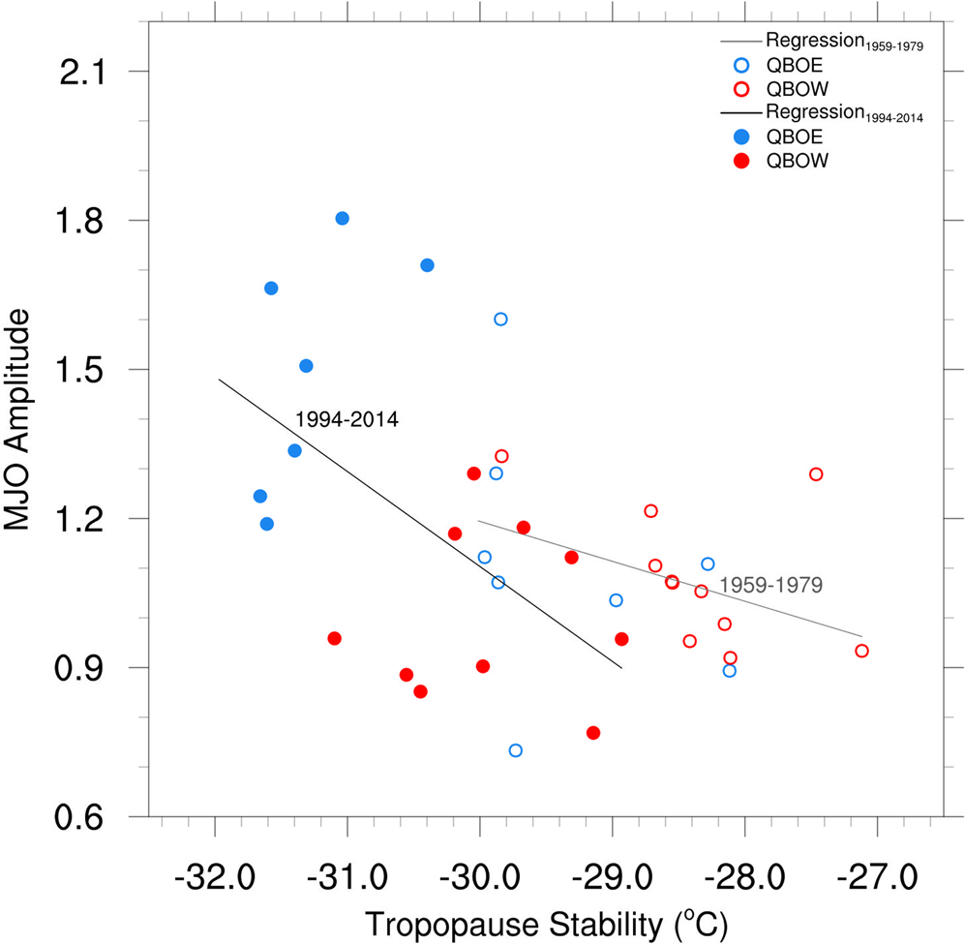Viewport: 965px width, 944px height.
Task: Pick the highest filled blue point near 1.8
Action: (342, 219)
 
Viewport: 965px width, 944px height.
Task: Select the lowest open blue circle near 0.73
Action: (516, 750)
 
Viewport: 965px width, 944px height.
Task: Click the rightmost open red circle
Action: (861, 651)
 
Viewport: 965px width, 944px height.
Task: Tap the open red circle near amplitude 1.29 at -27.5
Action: (816, 474)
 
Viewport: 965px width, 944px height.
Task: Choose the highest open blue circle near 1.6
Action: (500, 320)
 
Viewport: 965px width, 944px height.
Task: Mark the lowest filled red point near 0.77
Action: (593, 733)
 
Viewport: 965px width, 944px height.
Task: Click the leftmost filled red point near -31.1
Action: (334, 638)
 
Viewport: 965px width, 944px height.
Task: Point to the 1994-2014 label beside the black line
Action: (347, 420)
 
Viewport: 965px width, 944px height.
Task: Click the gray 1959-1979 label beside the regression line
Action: (770, 586)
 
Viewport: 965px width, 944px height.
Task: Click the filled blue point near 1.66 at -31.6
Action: (271, 289)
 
